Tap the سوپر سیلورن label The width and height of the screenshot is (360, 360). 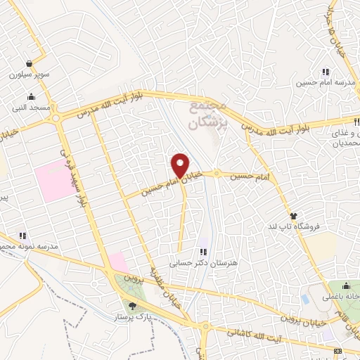26,73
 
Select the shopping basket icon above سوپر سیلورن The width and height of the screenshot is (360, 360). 27,62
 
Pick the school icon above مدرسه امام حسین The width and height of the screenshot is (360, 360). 326,72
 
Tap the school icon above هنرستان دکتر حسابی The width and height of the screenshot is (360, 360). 203,252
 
